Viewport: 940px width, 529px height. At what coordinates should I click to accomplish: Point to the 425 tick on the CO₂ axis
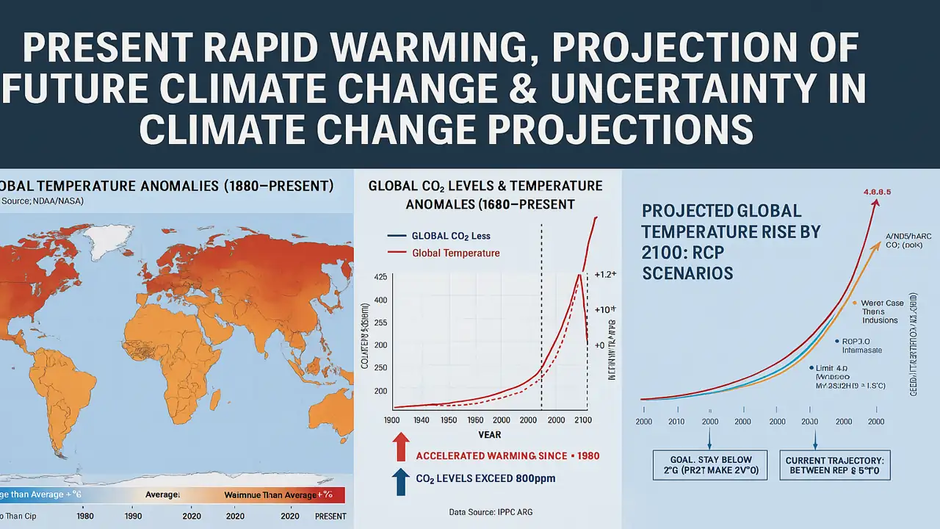(380, 277)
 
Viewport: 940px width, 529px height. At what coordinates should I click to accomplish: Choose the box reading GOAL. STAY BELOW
(709, 465)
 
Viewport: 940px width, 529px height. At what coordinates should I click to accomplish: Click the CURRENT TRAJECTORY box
(835, 465)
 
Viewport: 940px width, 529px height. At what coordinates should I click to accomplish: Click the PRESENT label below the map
(330, 517)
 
